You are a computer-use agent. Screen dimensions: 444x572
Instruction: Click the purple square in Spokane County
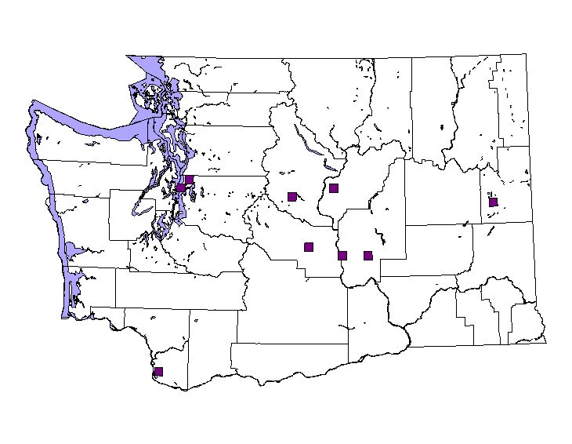(493, 202)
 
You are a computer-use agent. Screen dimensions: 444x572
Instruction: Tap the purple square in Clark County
(158, 371)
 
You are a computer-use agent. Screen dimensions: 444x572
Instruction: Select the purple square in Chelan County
(291, 196)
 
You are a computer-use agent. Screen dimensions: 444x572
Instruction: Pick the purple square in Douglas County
(334, 188)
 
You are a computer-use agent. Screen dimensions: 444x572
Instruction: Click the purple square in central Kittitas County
(309, 246)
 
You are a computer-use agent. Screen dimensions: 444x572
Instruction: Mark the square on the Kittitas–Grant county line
(342, 254)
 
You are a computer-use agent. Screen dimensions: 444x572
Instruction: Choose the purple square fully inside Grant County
(367, 255)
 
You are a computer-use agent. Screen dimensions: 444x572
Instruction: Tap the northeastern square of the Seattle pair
(189, 180)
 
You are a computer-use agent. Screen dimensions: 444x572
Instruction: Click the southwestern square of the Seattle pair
(180, 188)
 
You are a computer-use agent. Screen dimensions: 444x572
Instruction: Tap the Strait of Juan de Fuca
(94, 126)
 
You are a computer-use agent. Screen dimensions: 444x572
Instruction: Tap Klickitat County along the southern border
(290, 361)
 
